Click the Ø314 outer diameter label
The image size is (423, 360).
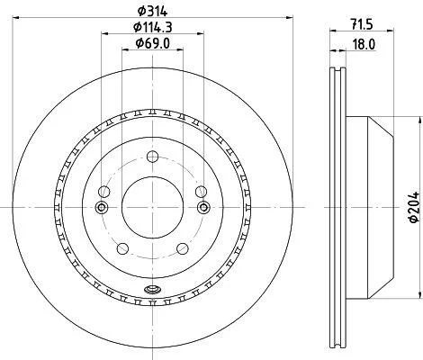152,12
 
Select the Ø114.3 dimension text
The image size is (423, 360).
153,28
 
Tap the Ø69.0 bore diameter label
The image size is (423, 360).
153,43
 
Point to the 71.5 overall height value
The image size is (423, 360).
362,24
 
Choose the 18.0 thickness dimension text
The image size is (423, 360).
364,45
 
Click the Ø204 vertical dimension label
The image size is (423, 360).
414,207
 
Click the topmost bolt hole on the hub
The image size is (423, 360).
152,157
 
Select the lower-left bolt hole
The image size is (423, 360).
122,248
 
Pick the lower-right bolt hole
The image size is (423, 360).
183,248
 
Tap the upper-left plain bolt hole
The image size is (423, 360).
103,192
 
